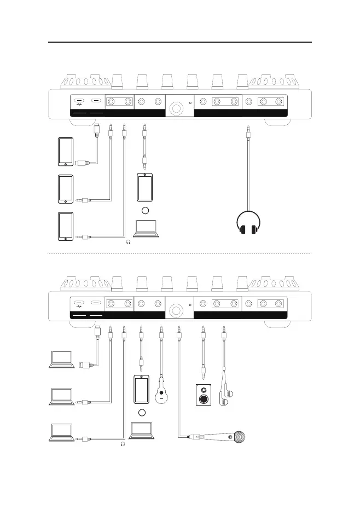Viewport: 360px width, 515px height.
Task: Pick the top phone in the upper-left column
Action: pos(65,152)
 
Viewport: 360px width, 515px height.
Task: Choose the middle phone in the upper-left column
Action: pos(65,189)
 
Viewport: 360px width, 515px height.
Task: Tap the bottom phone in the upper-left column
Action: pos(65,226)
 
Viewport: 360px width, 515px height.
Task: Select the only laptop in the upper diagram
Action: pos(146,229)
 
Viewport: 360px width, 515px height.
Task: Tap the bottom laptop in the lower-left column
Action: pos(61,433)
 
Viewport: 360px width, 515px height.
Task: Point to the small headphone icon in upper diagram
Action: pos(128,242)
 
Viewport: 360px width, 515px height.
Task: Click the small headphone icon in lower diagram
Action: pos(123,444)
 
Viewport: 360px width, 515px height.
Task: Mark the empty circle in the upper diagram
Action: pos(146,211)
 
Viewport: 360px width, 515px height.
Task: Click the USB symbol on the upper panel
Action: pos(80,102)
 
